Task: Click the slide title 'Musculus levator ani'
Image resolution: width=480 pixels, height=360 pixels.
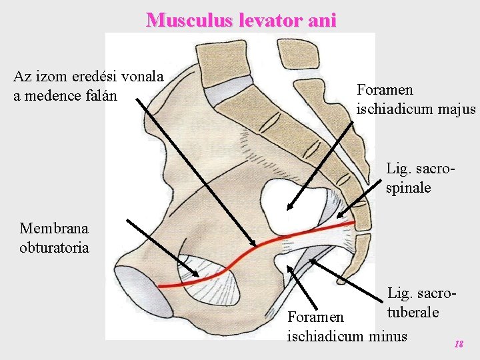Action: click(x=241, y=20)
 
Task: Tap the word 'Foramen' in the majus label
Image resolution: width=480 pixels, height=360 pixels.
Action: click(x=385, y=89)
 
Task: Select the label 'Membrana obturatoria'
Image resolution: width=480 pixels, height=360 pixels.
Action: click(x=54, y=238)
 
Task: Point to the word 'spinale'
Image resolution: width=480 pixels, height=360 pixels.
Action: click(x=408, y=187)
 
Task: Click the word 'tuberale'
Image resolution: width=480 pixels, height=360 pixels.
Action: click(x=411, y=311)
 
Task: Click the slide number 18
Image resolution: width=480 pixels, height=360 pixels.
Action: click(x=458, y=344)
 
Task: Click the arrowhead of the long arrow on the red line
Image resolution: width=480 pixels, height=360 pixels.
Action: click(x=253, y=243)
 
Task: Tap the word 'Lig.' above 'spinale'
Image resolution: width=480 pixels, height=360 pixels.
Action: click(x=399, y=169)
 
